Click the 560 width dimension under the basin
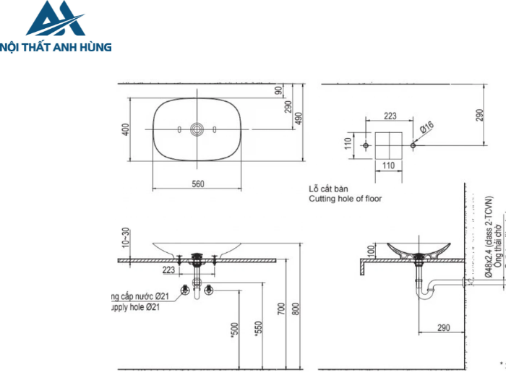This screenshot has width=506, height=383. coord(197,184)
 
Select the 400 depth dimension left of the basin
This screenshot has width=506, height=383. coord(125,129)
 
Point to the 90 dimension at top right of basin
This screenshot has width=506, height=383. coord(278,90)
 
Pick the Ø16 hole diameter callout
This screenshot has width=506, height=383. coord(427,128)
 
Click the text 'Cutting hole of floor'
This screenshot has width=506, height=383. coord(345,198)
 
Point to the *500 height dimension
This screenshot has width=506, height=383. coord(233,330)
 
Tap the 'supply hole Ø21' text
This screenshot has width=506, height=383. coord(134,307)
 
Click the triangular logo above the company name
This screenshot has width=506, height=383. coord(55,20)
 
